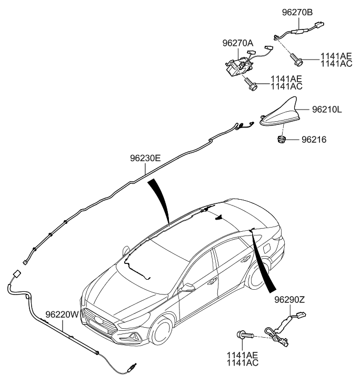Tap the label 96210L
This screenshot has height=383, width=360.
click(x=327, y=111)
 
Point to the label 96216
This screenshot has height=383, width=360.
click(x=314, y=140)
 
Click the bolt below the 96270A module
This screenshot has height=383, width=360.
click(x=251, y=83)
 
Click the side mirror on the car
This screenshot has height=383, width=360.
click(x=187, y=288)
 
